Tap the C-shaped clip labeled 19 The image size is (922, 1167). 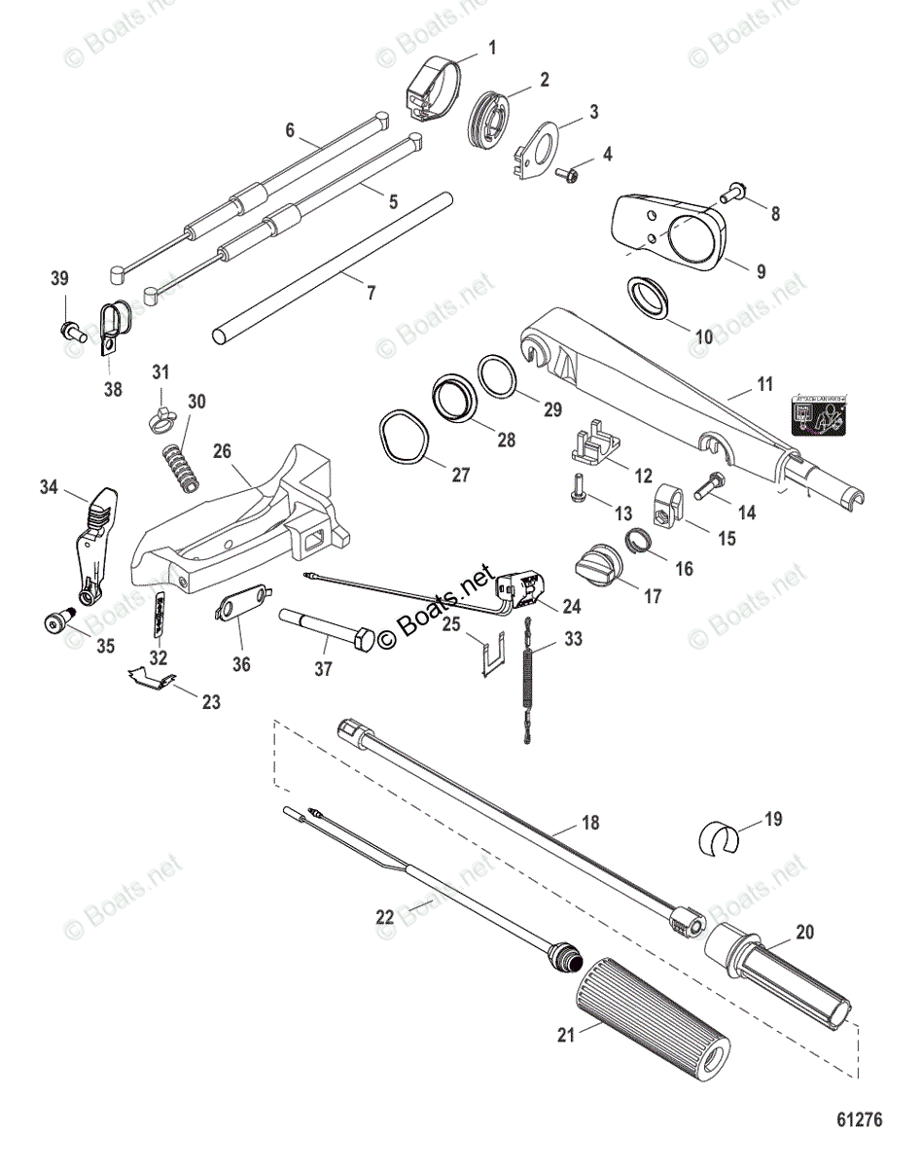tap(719, 835)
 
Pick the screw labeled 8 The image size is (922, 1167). tap(736, 196)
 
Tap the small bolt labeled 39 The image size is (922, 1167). tap(69, 330)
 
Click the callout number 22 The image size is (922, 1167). tap(386, 915)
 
